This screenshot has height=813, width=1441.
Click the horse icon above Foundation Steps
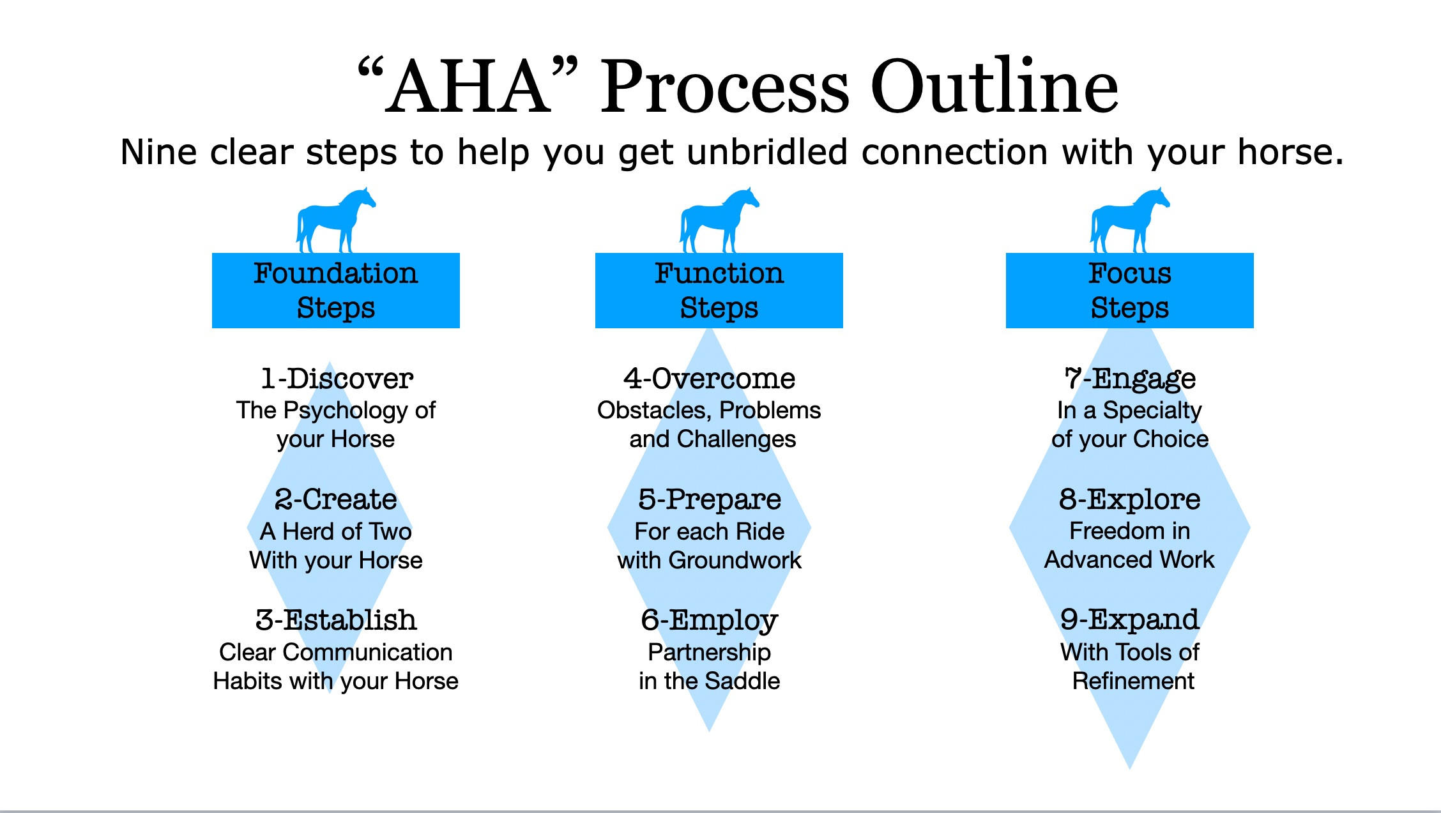point(336,220)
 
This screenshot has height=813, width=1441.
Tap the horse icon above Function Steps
point(719,220)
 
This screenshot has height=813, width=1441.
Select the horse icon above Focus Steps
point(1130,220)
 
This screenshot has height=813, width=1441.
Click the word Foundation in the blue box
point(336,273)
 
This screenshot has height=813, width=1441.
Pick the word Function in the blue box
point(719,273)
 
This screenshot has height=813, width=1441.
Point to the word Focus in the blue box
point(1130,273)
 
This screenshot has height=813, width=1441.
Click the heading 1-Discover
point(337,378)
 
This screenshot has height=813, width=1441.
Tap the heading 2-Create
point(336,499)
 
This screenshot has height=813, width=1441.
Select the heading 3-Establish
point(336,619)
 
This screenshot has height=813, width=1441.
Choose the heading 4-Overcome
point(710,378)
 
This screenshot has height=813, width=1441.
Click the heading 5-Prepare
point(710,500)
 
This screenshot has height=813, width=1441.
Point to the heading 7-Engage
point(1130,379)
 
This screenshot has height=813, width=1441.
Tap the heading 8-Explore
point(1130,500)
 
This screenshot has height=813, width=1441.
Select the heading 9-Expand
point(1130,621)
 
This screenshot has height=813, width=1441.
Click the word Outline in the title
point(994,86)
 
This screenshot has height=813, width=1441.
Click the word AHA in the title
point(469,87)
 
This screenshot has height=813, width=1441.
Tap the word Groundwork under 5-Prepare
point(735,560)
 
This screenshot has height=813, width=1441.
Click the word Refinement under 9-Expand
point(1133,681)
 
